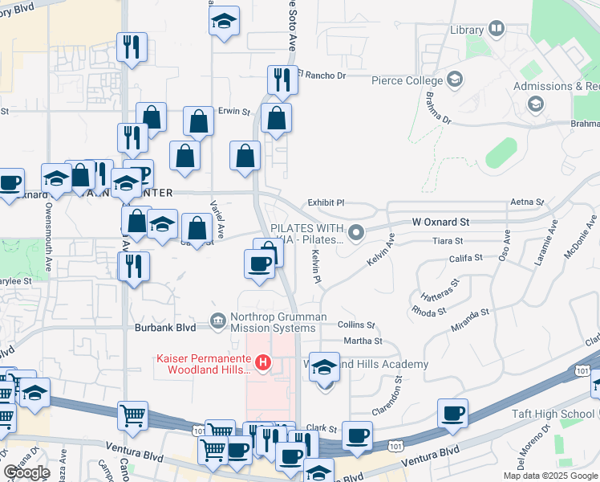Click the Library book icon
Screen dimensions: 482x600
[497, 30]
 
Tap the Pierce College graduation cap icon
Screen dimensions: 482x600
[455, 80]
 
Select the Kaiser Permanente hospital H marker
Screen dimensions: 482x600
[262, 364]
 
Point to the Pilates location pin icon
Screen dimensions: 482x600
[358, 233]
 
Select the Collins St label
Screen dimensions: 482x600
[356, 325]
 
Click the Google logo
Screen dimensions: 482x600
[26, 472]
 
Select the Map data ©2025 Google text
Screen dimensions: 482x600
[550, 476]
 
